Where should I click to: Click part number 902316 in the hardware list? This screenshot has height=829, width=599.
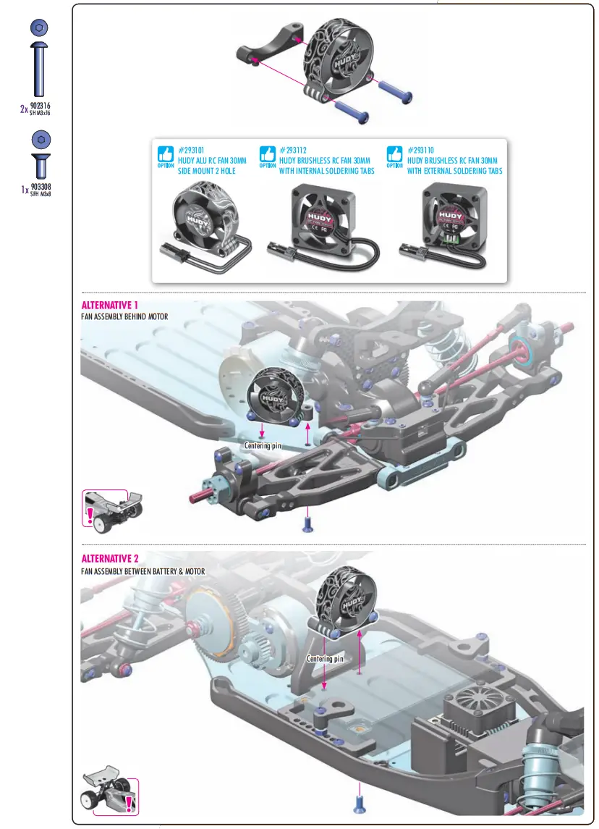click(x=41, y=106)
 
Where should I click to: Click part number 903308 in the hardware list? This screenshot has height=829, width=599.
click(x=41, y=186)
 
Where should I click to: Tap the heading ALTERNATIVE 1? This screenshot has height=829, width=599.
click(x=109, y=305)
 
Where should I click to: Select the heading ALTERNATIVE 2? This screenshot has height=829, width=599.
click(x=110, y=558)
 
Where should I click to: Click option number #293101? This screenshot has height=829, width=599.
click(x=192, y=150)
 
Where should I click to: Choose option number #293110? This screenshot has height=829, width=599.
click(x=422, y=150)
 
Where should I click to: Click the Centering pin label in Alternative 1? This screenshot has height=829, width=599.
click(x=262, y=446)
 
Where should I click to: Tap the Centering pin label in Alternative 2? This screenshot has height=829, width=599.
click(x=325, y=659)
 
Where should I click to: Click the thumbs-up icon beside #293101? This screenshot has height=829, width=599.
click(x=166, y=154)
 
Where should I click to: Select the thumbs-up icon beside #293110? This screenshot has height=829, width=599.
click(x=394, y=154)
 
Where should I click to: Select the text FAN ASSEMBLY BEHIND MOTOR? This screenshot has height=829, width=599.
click(x=124, y=317)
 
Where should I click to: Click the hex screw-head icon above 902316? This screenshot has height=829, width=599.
click(x=40, y=28)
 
